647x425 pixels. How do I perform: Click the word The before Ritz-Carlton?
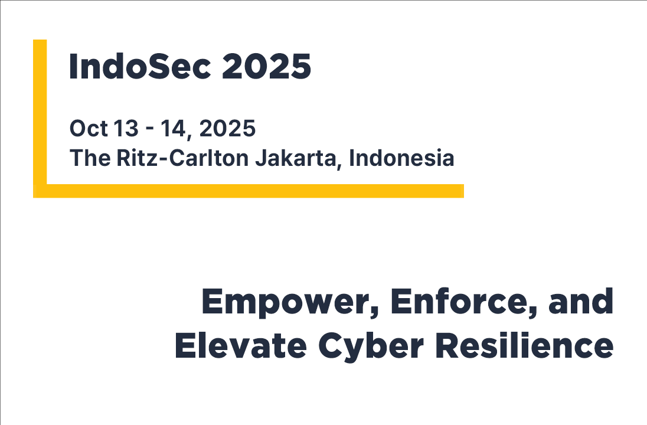pyautogui.click(x=87, y=158)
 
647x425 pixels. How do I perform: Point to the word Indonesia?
pyautogui.click(x=402, y=158)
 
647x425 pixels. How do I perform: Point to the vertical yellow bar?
pyautogui.click(x=40, y=112)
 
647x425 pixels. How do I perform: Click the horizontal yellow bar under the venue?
pyautogui.click(x=254, y=191)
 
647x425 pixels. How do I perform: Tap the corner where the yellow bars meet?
pyautogui.click(x=40, y=191)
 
